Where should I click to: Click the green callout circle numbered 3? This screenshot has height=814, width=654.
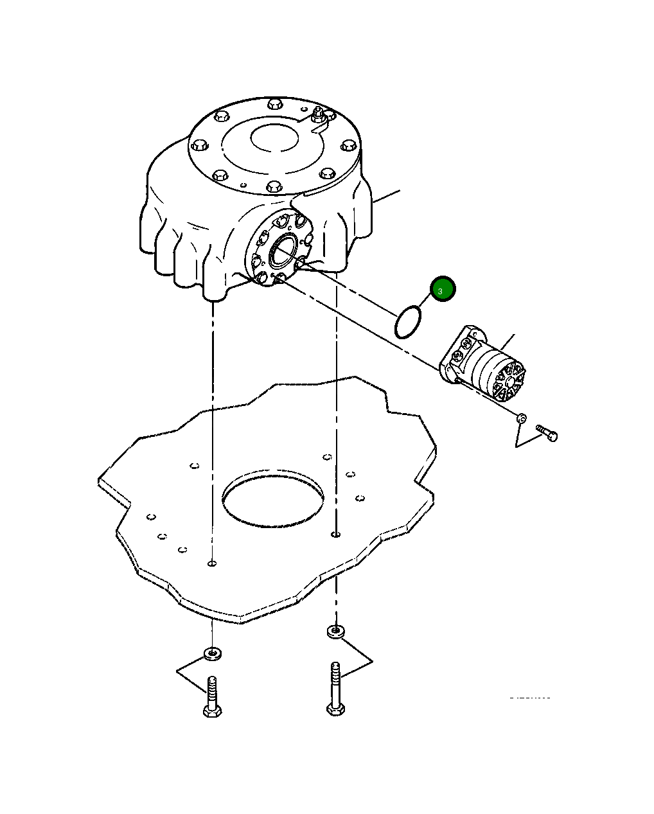[x=442, y=290]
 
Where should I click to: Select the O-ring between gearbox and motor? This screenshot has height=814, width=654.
[x=407, y=322]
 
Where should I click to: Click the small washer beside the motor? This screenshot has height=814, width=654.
[x=522, y=418]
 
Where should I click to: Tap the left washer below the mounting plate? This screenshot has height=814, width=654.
[x=212, y=654]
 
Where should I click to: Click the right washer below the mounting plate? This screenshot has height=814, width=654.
[x=335, y=632]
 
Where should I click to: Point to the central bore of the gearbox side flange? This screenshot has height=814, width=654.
[x=282, y=251]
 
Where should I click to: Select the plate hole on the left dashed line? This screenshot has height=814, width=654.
[x=212, y=563]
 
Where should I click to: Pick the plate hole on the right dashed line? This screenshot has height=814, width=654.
[x=335, y=534]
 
